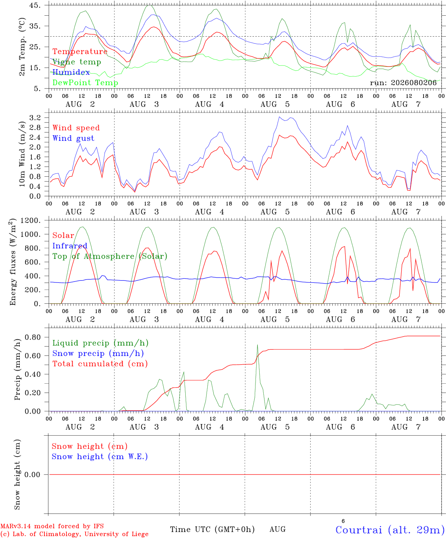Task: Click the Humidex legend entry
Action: (71, 72)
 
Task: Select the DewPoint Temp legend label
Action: (85, 83)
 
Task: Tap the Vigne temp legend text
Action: (77, 62)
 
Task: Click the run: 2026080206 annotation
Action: (403, 83)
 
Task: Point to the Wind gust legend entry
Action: (74, 138)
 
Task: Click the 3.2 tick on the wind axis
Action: (35, 118)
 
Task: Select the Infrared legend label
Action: (70, 246)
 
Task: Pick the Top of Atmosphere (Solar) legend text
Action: (110, 256)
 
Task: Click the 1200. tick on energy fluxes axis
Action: (31, 220)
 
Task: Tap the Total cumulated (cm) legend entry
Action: (100, 364)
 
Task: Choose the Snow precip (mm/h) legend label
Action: (98, 353)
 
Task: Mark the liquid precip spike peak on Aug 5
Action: (257, 344)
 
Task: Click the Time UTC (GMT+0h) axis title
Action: (212, 529)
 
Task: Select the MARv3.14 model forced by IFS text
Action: (52, 526)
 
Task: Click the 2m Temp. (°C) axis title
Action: (22, 47)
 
